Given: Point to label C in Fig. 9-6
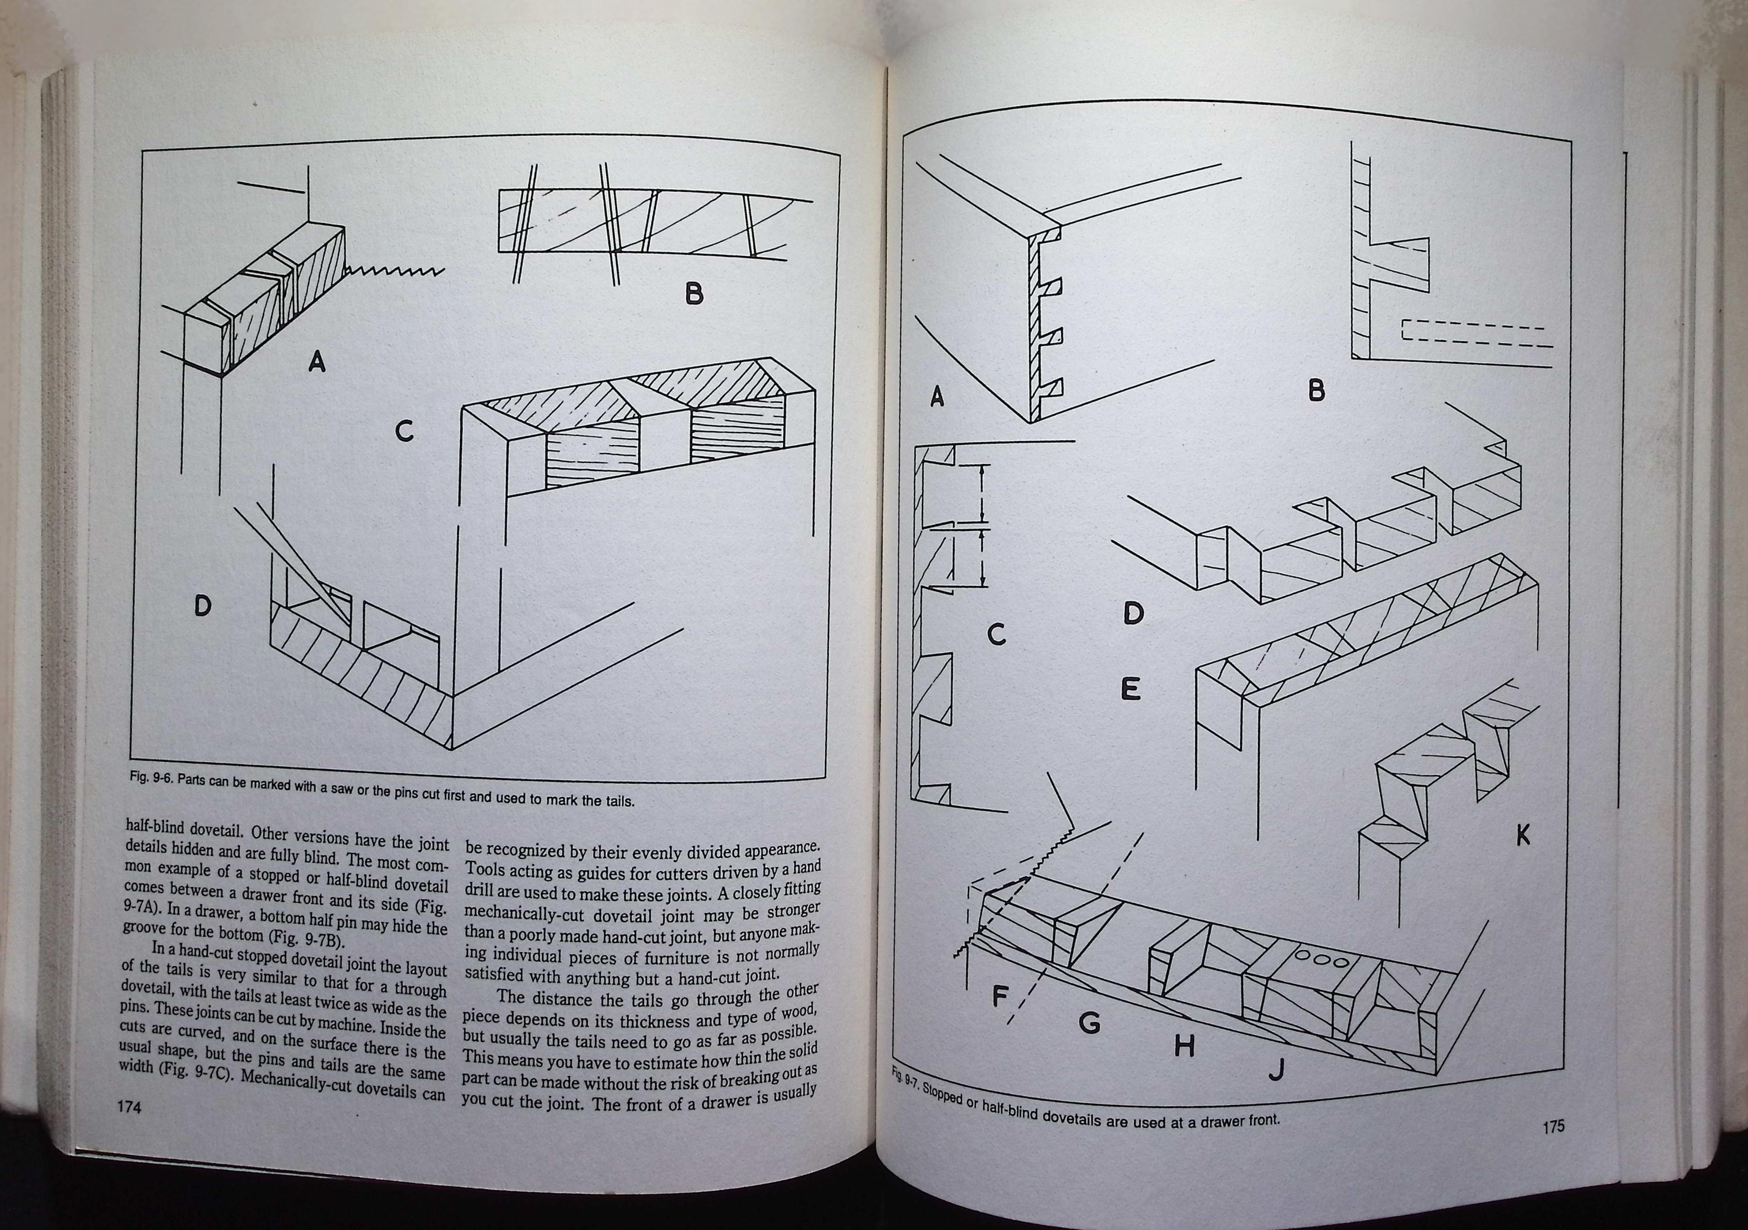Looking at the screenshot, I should tap(404, 432).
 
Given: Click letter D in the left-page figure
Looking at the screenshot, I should tap(202, 606).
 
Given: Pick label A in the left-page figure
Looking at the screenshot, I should tap(317, 361).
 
